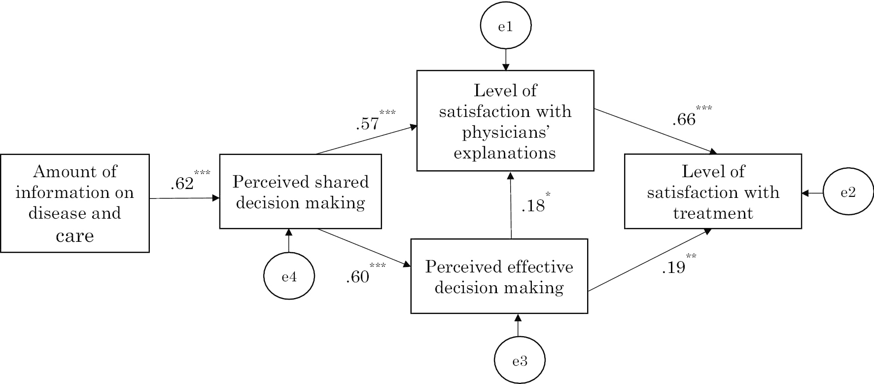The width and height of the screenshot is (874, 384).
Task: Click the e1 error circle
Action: click(x=505, y=27)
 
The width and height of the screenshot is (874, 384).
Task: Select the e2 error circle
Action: click(x=848, y=193)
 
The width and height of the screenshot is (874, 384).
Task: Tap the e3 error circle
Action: click(x=520, y=361)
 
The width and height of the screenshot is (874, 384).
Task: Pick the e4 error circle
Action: click(x=289, y=276)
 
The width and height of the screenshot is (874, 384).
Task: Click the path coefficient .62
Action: click(x=182, y=184)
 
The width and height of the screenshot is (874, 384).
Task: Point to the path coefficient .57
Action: click(x=368, y=123)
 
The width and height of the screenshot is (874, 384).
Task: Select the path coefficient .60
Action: click(x=358, y=276)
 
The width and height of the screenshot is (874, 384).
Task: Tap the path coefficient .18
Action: click(x=533, y=205)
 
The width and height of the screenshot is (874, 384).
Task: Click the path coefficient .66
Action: click(x=684, y=119)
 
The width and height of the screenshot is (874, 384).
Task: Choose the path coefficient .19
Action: click(x=673, y=267)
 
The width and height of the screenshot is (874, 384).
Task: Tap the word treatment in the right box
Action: click(x=713, y=213)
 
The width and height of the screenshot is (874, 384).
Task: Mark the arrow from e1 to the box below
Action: click(x=505, y=59)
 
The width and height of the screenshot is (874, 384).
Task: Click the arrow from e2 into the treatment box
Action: click(x=812, y=193)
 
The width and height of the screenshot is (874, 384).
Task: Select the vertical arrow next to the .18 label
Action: click(x=511, y=205)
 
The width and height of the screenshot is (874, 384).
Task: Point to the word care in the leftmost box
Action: click(x=75, y=235)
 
